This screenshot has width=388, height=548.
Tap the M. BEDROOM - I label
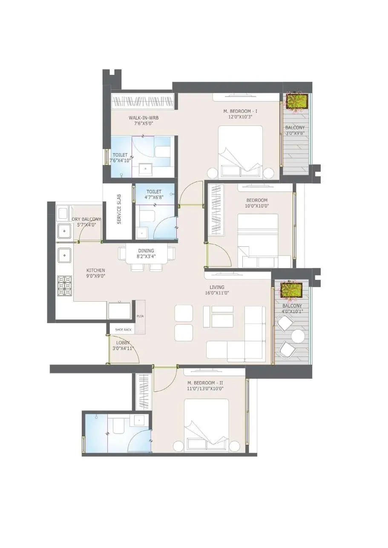click(x=240, y=111)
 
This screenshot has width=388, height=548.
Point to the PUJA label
click(x=140, y=316)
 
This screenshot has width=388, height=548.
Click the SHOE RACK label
click(x=124, y=330)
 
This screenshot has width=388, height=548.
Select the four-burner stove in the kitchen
click(x=65, y=285)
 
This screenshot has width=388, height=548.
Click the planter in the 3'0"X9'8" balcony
click(x=297, y=101)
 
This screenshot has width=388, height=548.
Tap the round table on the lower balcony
click(x=298, y=337)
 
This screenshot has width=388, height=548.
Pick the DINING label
click(x=146, y=251)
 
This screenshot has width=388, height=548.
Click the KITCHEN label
click(x=95, y=270)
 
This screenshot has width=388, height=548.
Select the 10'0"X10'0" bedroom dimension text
click(x=257, y=206)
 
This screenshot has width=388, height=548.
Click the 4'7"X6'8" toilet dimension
click(x=154, y=197)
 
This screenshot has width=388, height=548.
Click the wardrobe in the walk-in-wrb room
click(x=144, y=102)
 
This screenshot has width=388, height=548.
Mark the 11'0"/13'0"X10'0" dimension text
click(x=205, y=388)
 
